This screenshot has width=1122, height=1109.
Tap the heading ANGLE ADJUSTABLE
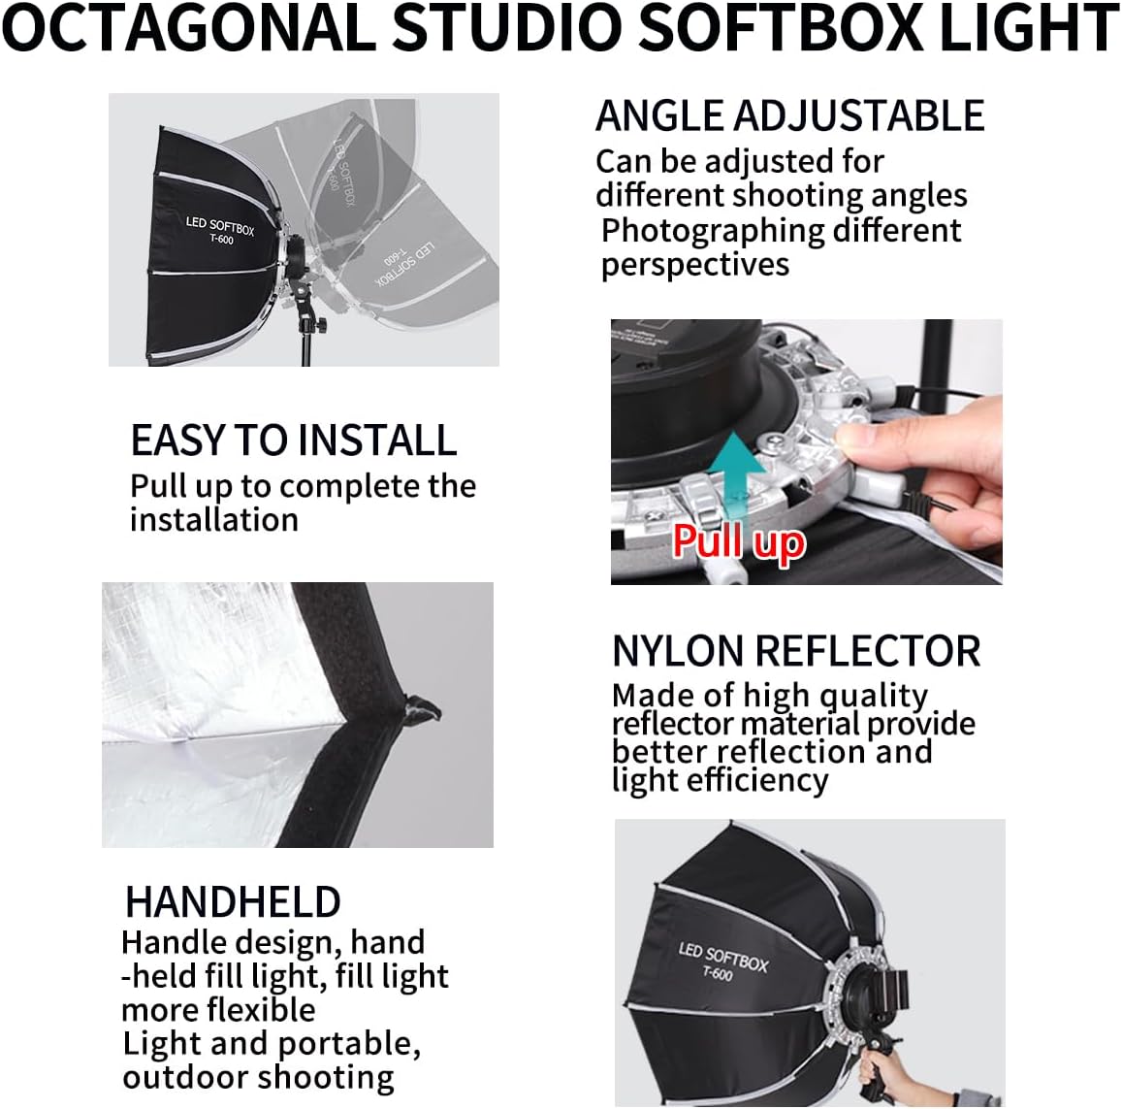click(x=789, y=116)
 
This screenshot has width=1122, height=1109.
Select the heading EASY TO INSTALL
click(x=293, y=440)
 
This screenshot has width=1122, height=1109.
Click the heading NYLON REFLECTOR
click(x=796, y=651)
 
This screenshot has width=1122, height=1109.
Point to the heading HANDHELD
click(x=233, y=902)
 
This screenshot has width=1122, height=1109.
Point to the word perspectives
click(x=695, y=265)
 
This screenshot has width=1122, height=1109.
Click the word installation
click(x=214, y=520)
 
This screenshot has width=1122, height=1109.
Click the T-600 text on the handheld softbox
click(x=718, y=973)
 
